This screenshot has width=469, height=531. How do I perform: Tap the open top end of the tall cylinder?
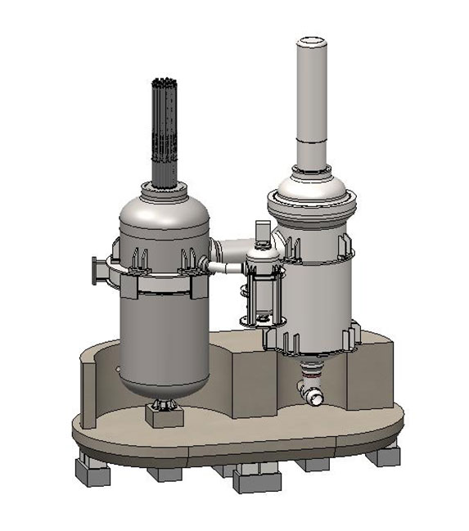[310, 41]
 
